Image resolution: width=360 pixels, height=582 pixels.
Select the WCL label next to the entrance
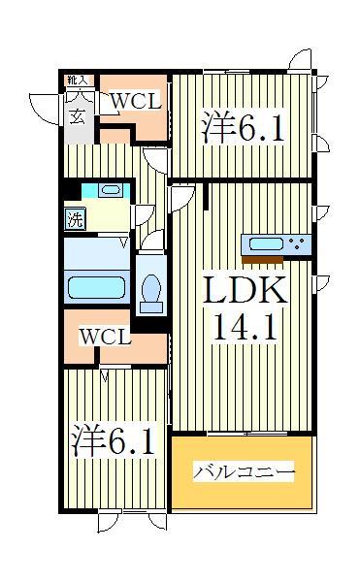click(x=133, y=100)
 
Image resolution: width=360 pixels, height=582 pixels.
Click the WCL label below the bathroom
click(x=104, y=337)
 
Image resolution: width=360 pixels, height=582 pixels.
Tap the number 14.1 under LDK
click(x=244, y=327)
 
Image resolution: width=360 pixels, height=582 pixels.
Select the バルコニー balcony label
click(x=244, y=472)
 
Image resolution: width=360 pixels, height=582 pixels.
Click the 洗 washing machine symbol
click(x=75, y=218)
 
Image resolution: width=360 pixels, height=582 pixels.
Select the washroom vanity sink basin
click(x=108, y=190)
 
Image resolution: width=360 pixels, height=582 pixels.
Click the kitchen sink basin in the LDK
click(x=266, y=242)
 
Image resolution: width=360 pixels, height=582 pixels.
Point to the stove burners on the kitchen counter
click(x=296, y=242)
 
